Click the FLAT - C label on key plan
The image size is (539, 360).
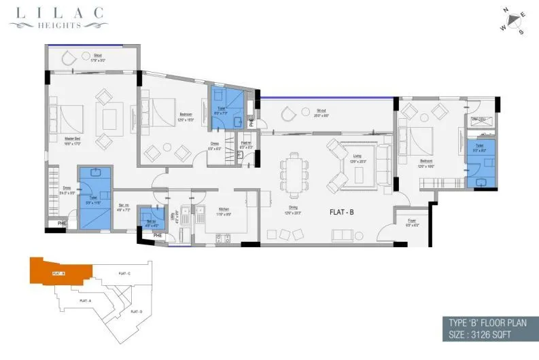[x=124, y=273]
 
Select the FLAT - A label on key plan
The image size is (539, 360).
[x=85, y=300]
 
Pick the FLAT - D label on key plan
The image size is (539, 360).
[x=135, y=311]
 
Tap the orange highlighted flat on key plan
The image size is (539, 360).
[x=61, y=272]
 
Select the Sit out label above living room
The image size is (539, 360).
[x=321, y=113]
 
